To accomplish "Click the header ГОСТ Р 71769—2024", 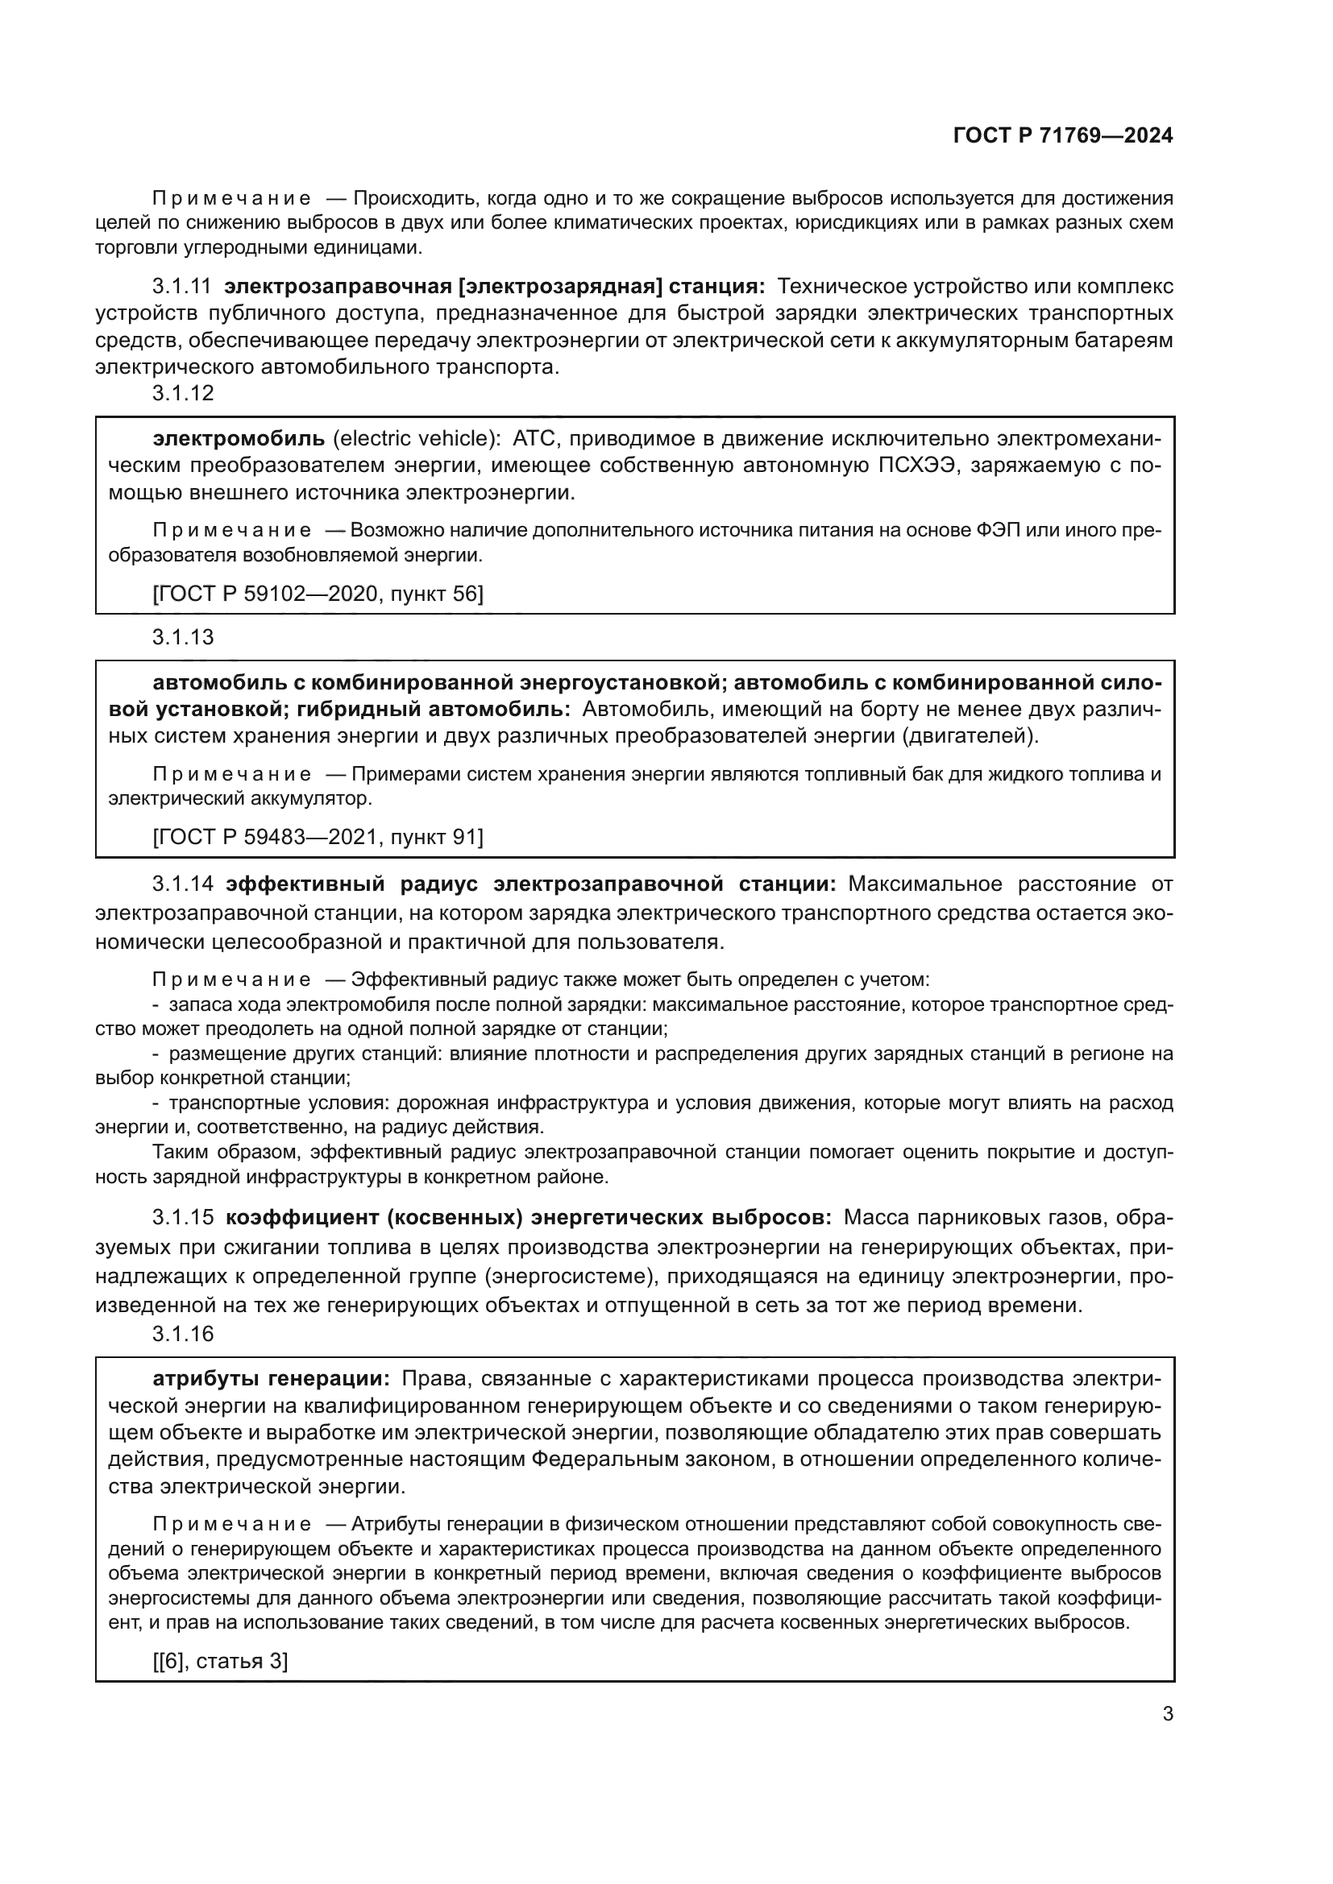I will [1063, 136].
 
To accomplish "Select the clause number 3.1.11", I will [181, 287].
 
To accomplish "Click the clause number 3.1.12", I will [182, 393].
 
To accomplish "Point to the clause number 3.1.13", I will [182, 637].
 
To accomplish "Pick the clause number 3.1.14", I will [182, 884].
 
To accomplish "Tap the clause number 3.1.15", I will [182, 1218].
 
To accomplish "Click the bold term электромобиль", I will [239, 438].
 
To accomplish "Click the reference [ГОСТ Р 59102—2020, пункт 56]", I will [318, 594].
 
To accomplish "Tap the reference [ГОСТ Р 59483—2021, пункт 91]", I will [318, 837].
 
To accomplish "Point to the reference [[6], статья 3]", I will [220, 1662].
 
